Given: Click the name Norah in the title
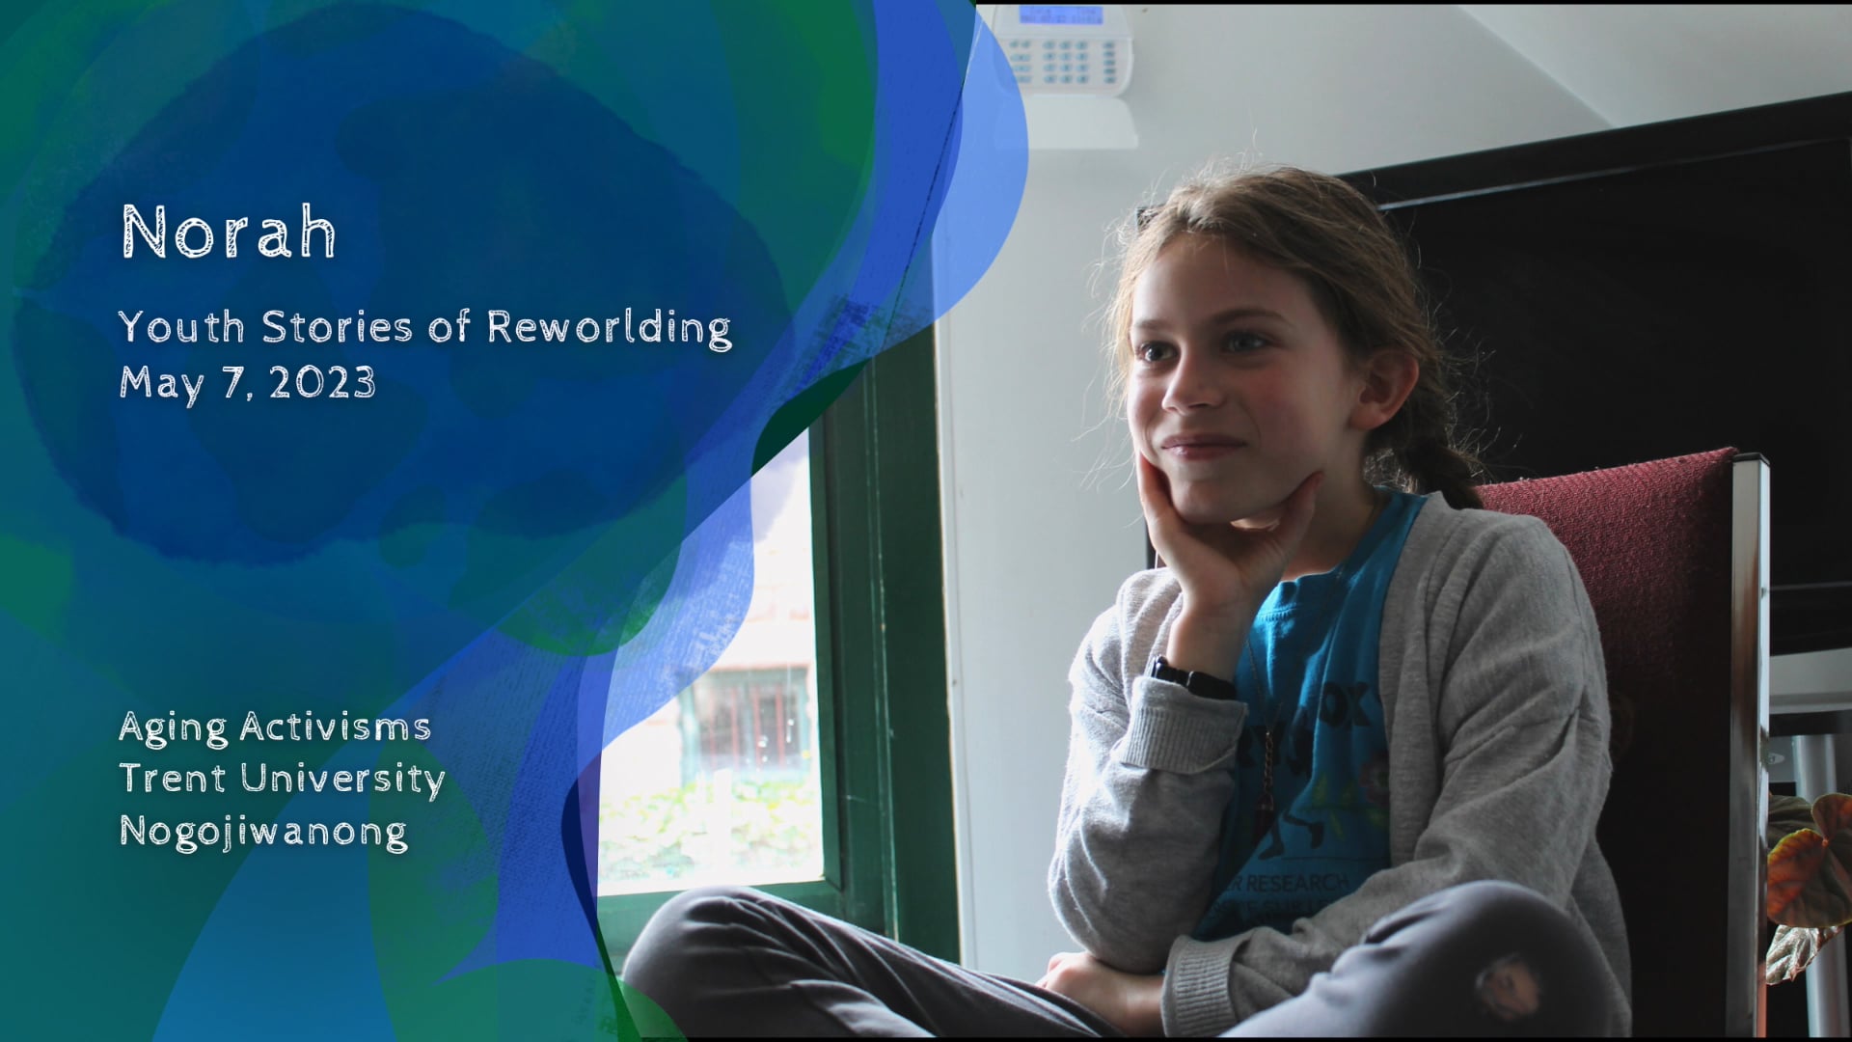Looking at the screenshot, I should (229, 233).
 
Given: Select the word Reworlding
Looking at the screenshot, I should (609, 328).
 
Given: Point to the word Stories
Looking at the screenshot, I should (338, 328).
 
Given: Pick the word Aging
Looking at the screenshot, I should (174, 727).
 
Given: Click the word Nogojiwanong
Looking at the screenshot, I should (263, 831).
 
